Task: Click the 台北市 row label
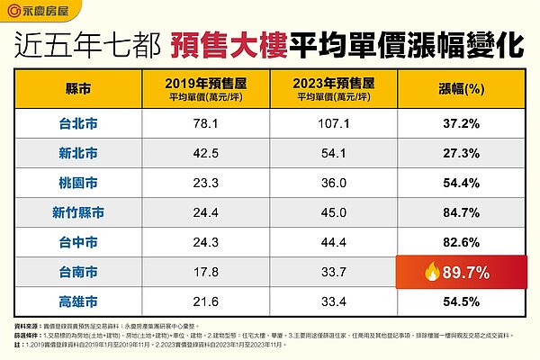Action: (x=79, y=124)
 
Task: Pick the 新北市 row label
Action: (x=79, y=154)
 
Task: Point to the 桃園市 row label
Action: (x=79, y=184)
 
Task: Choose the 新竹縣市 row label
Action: (x=79, y=213)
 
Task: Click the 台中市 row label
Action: (x=79, y=243)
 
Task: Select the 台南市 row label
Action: (x=79, y=273)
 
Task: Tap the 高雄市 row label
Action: (x=79, y=301)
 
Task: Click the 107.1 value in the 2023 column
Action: (x=333, y=124)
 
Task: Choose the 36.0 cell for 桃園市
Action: (x=333, y=184)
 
